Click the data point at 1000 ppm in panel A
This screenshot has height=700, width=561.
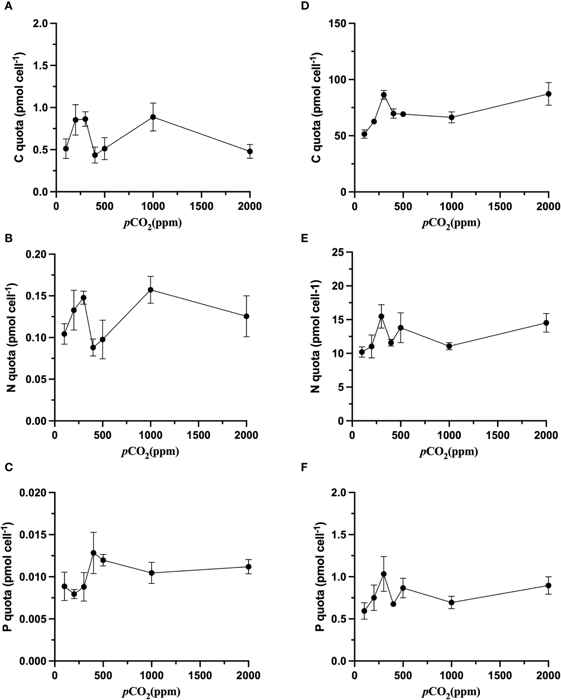153,117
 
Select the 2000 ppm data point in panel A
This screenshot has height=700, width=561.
250,151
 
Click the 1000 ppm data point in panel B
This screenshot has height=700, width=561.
150,289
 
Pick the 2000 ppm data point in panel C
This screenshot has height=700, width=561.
249,567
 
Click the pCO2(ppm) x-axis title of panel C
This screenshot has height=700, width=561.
151,691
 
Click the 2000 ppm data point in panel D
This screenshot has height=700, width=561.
548,94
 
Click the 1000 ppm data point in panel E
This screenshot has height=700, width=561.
449,346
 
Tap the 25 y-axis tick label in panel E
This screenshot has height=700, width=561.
340,252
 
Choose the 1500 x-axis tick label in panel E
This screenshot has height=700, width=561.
498,436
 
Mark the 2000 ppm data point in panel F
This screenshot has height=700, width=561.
548,586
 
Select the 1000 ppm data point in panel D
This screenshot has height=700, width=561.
452,117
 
